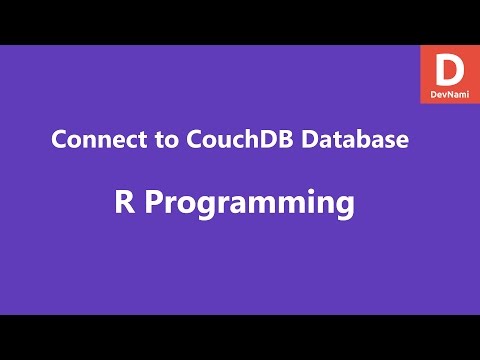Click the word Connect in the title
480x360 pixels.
[x=91, y=141]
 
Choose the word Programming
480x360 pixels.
[x=250, y=205]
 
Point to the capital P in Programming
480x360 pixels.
[x=154, y=203]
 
